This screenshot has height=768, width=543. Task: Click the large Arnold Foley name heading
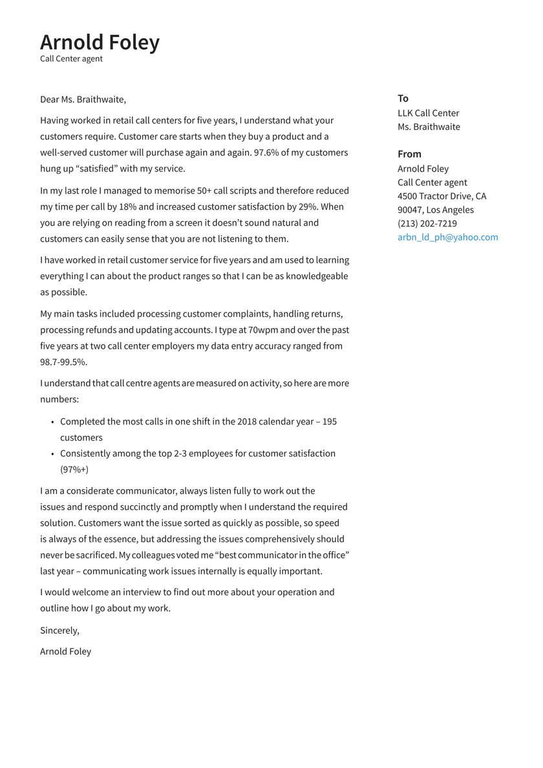100,42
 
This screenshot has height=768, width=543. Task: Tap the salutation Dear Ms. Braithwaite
83,100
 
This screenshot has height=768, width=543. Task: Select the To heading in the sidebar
403,98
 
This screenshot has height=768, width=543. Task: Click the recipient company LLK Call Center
428,113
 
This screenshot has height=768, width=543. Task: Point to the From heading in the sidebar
409,154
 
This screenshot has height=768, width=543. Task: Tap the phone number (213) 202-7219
427,223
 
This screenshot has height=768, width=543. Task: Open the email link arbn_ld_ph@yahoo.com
447,237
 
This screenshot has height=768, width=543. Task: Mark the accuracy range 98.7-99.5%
63,362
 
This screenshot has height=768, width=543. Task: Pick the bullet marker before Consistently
52,454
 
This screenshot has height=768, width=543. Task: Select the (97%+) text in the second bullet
74,470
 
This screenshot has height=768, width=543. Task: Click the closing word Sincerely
59,630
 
